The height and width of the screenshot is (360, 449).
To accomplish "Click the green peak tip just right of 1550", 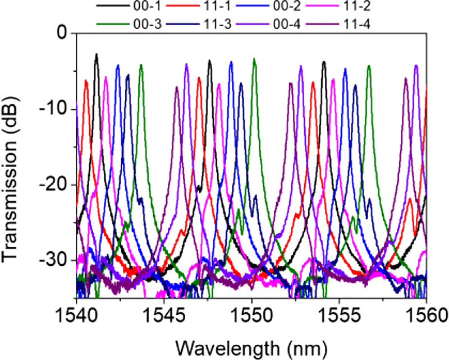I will (254, 58).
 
